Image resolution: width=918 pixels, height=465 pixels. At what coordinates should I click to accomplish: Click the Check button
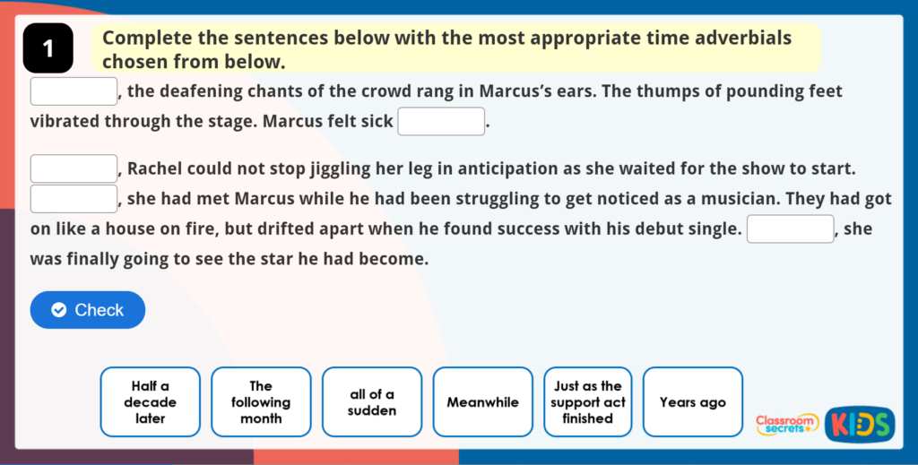coord(88,309)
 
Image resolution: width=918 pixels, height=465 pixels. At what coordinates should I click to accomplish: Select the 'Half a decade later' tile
coord(151,401)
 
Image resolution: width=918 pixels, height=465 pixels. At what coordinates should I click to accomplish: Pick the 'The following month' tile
coord(261,401)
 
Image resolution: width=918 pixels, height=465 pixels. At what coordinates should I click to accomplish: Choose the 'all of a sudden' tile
coord(372,401)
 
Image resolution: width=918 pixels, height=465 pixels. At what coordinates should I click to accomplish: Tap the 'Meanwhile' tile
coord(483,401)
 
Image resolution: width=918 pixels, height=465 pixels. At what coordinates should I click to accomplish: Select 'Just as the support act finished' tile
coord(588,401)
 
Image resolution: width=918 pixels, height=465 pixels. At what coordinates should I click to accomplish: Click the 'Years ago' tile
coord(693,401)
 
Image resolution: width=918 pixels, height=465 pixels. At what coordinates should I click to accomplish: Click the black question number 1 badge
coord(48,48)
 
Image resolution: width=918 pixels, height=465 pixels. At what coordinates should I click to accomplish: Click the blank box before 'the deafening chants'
coord(74,91)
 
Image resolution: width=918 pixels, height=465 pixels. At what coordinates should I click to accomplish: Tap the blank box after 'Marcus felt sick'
coord(441,121)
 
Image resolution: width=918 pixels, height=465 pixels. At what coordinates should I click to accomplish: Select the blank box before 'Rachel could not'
coord(74,168)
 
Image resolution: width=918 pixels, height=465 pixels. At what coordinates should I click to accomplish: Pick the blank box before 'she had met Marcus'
coord(74,199)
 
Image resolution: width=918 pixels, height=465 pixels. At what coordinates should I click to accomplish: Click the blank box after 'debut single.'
coord(791,228)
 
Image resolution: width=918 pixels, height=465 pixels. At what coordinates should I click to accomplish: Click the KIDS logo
coord(860,425)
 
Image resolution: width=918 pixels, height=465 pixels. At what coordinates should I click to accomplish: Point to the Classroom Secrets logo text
coord(786,425)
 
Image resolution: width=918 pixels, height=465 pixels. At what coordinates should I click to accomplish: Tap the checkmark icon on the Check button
coord(59,310)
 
